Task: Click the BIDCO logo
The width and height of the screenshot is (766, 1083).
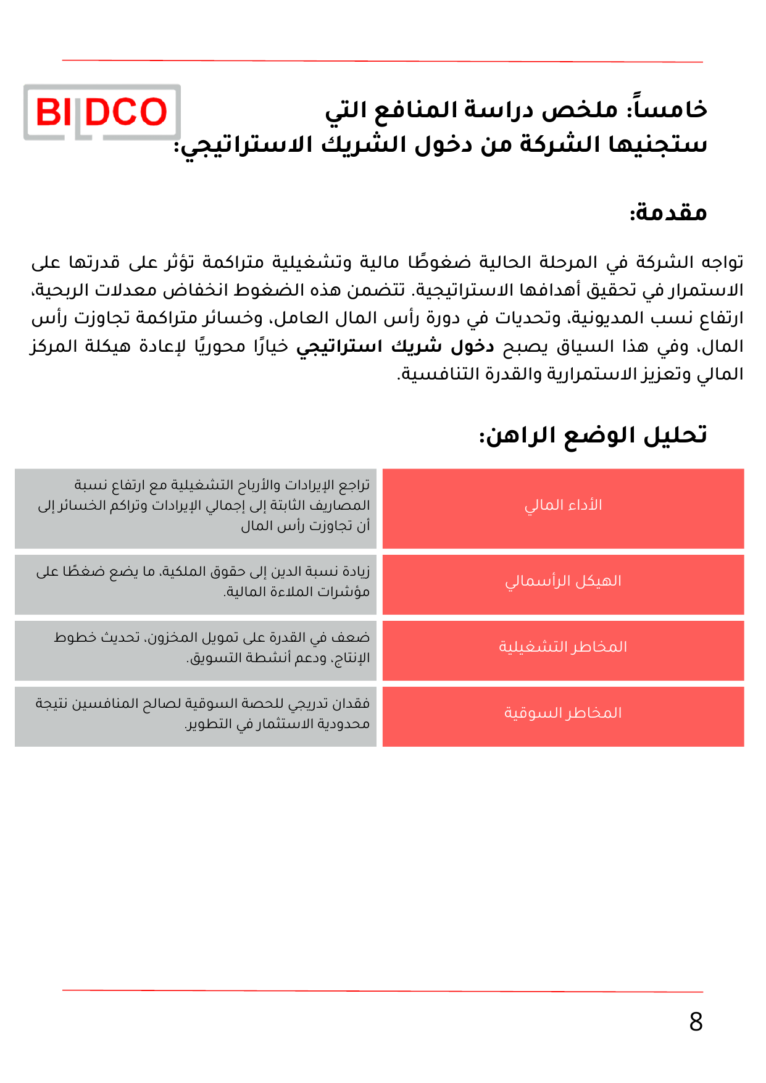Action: click(102, 112)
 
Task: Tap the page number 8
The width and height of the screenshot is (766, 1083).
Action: click(696, 1022)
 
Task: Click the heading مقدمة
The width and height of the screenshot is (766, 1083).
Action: click(668, 213)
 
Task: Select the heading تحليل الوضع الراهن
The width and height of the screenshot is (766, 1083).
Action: click(593, 435)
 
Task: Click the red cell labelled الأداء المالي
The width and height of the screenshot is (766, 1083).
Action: click(563, 508)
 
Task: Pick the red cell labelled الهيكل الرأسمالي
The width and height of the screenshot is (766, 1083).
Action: click(563, 584)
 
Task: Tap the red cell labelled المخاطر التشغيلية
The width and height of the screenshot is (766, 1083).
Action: click(563, 650)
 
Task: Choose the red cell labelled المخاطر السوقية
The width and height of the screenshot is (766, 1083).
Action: click(563, 716)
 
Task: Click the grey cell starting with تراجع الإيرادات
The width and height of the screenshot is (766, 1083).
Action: click(196, 508)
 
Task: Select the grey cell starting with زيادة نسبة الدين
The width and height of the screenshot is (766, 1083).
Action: click(196, 584)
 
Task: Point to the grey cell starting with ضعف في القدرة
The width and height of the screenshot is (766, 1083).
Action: click(196, 650)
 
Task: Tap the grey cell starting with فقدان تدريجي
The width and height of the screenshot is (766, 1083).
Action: click(196, 716)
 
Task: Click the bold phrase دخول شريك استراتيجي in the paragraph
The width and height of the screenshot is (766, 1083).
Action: click(395, 346)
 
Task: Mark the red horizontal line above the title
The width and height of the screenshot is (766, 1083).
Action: click(382, 61)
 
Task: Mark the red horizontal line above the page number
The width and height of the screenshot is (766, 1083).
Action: click(382, 991)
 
